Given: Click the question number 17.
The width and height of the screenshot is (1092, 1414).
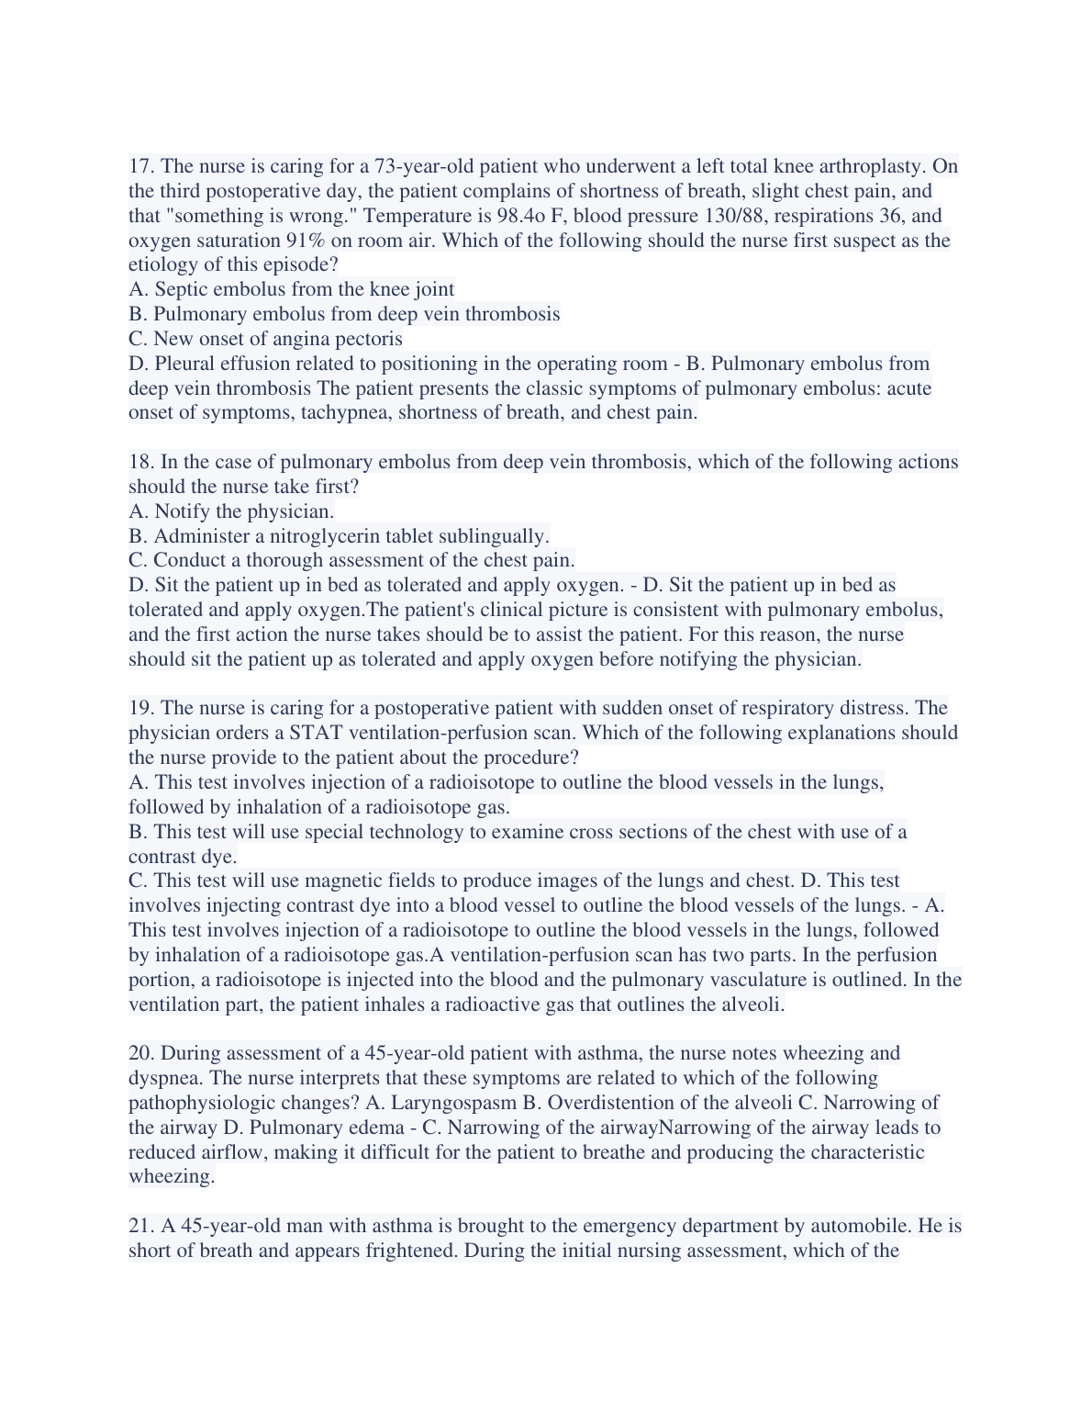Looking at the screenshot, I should tap(140, 166).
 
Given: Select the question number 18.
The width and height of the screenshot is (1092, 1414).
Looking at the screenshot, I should tap(140, 462).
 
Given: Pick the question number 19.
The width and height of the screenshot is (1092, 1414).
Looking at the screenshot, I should tap(140, 708).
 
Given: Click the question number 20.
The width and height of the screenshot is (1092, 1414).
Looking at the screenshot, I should tap(140, 1053).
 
